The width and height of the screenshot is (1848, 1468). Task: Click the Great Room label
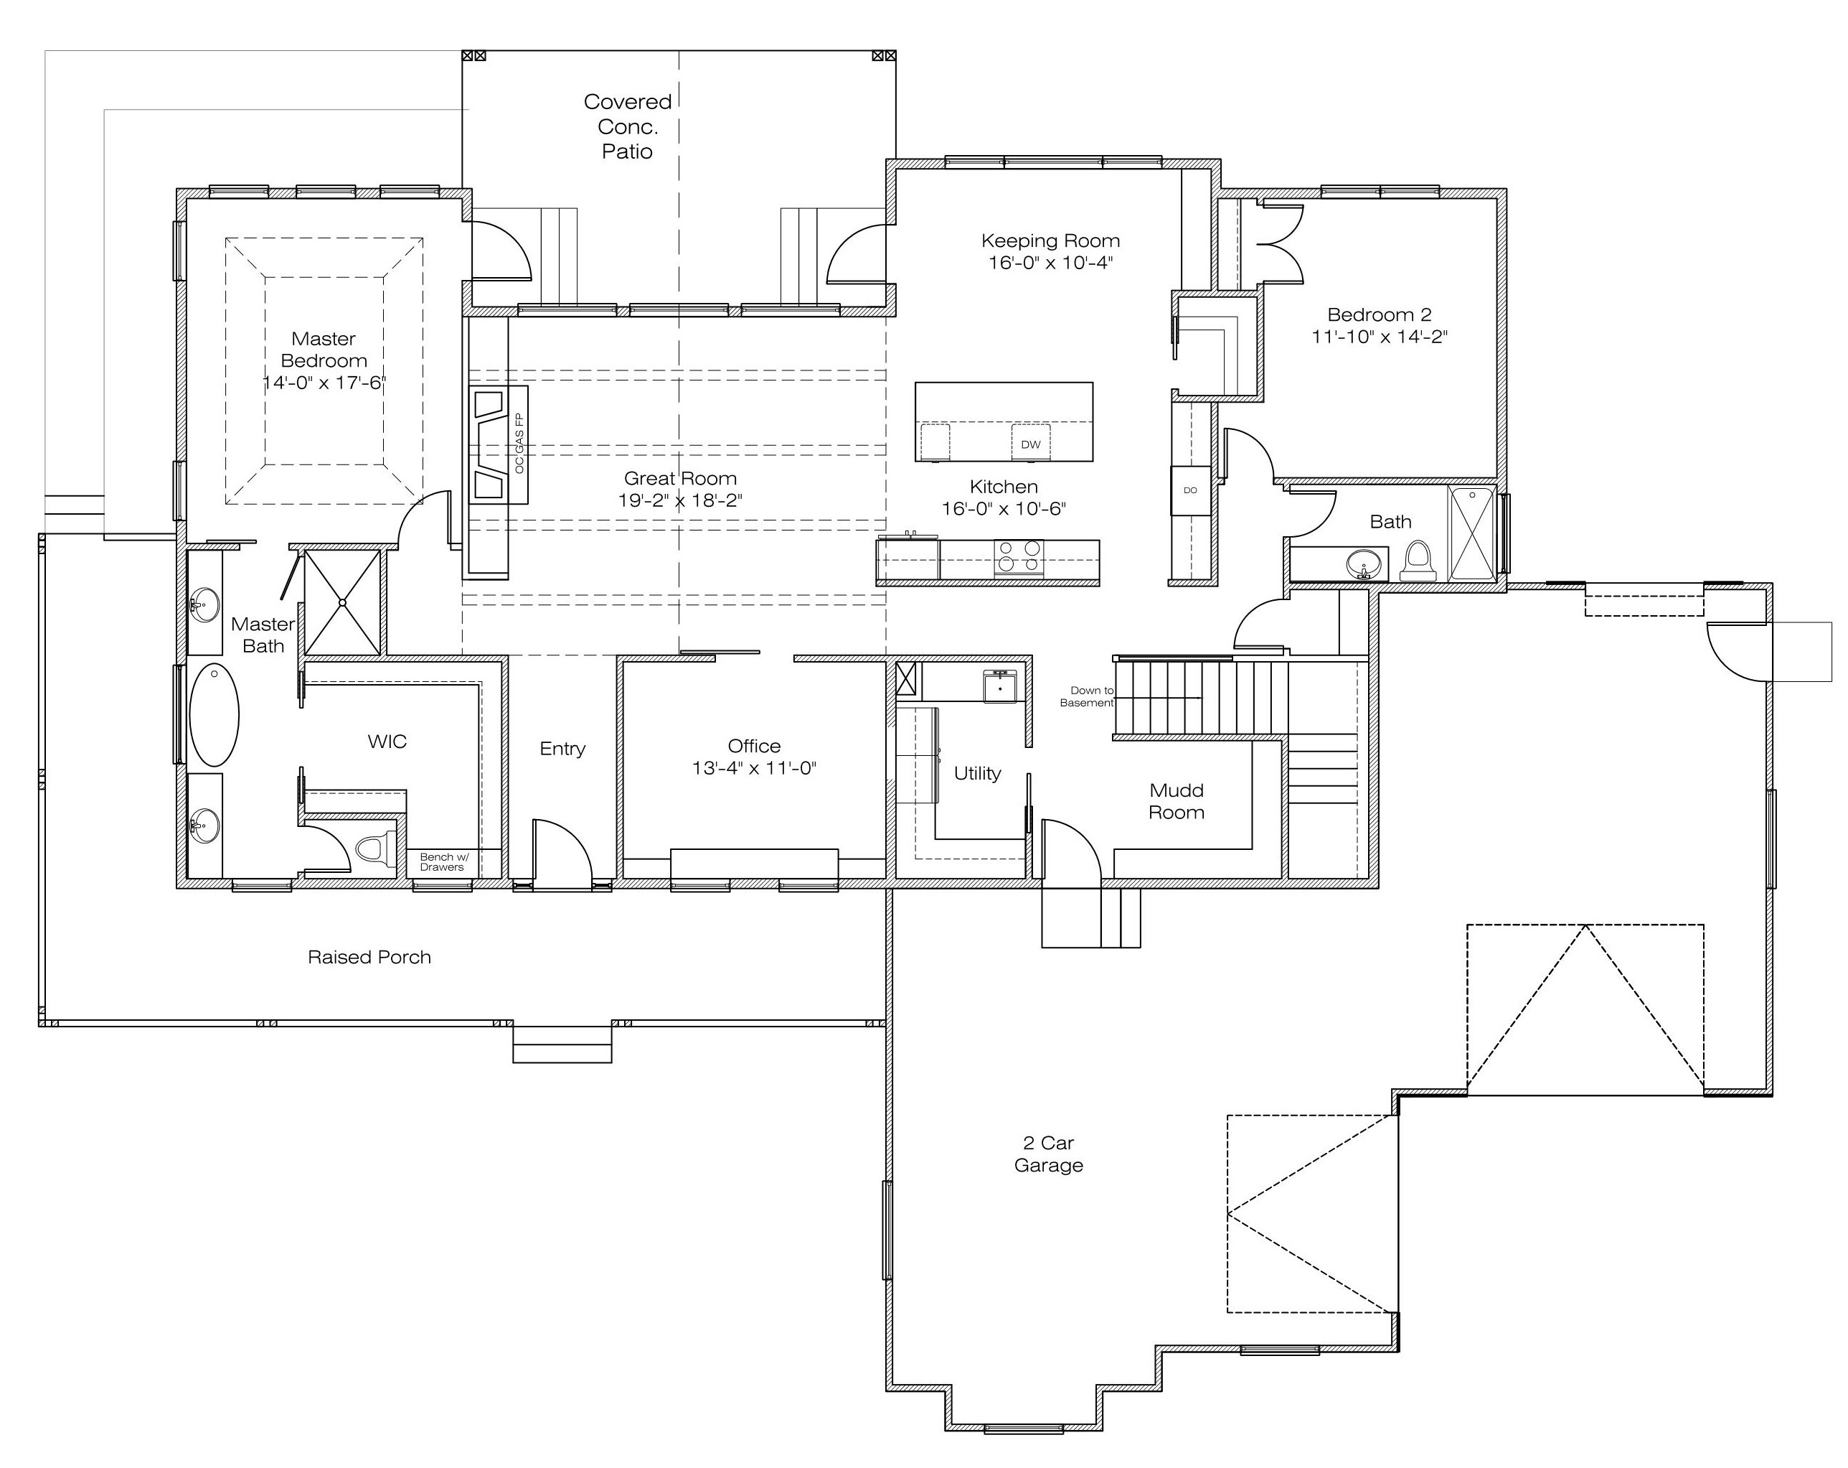pos(679,479)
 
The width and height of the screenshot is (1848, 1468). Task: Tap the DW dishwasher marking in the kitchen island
pos(1030,444)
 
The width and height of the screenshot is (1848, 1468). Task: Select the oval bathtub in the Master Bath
pos(214,714)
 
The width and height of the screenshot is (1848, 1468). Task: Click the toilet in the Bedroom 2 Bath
pos(1418,561)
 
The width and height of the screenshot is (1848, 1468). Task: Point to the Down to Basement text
pos(1087,696)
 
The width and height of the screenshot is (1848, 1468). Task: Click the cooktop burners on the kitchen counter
pos(1018,556)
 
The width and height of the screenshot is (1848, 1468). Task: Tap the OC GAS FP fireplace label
pos(519,444)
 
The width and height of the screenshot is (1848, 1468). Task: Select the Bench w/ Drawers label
pos(443,861)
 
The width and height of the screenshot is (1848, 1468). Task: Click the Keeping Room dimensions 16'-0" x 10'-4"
pos(1050,263)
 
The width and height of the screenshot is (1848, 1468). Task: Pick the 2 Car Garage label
pos(1048,1154)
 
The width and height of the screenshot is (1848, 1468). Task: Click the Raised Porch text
pos(369,957)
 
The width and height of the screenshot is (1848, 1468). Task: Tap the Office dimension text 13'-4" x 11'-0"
pos(754,768)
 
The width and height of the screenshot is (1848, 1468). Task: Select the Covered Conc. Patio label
pos(628,127)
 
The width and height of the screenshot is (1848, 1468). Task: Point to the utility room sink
pos(999,688)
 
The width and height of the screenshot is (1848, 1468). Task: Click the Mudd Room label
pos(1176,801)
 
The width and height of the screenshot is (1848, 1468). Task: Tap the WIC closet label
pos(387,742)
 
